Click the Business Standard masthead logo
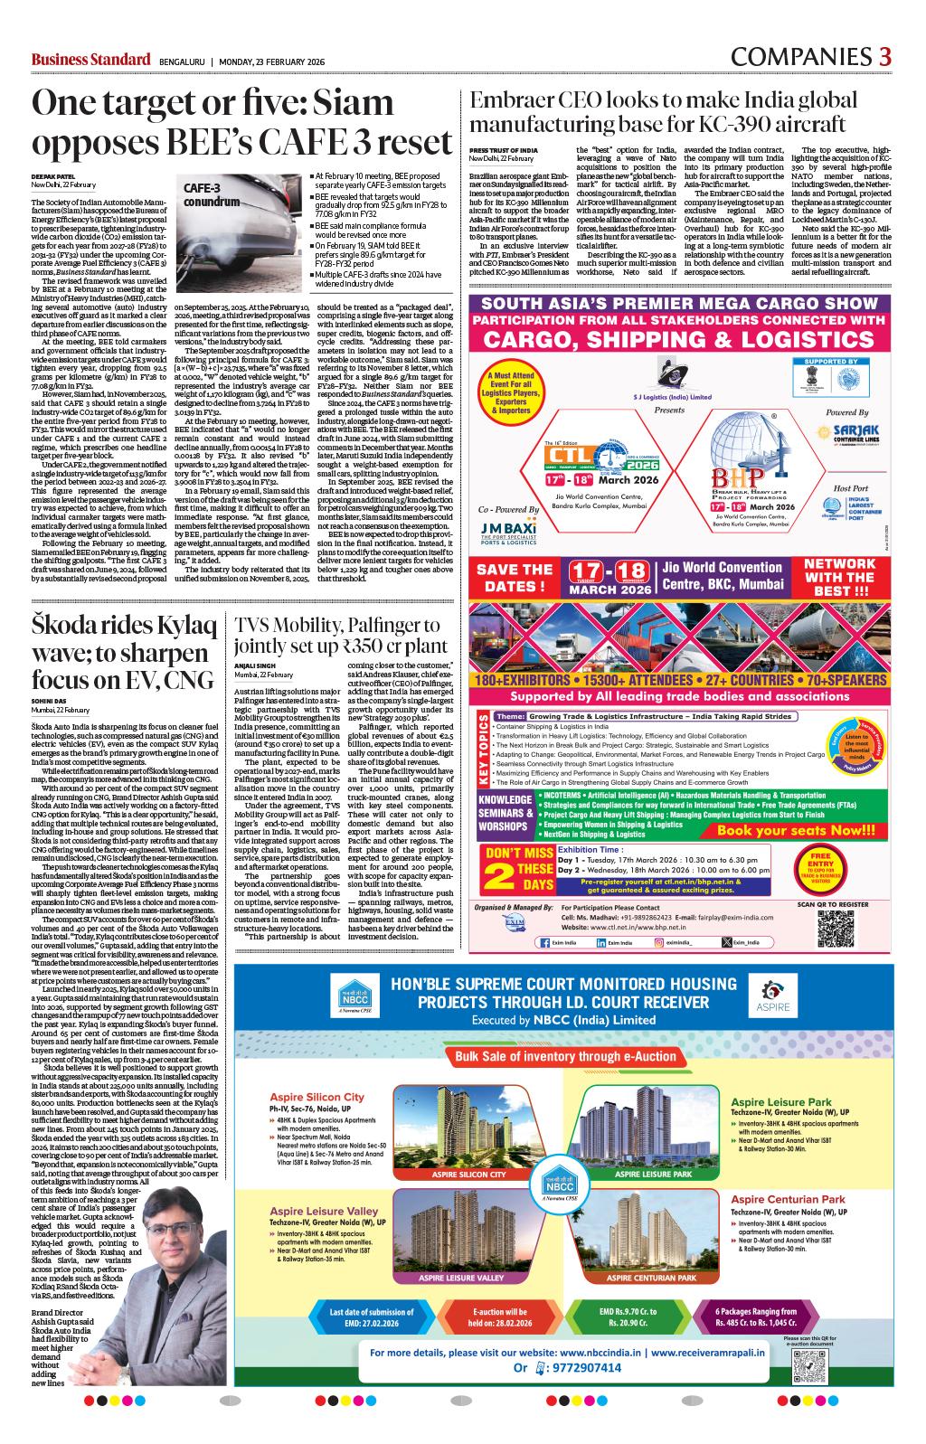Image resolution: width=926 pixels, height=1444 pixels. [x=90, y=60]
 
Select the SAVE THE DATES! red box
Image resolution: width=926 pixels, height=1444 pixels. [x=514, y=577]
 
